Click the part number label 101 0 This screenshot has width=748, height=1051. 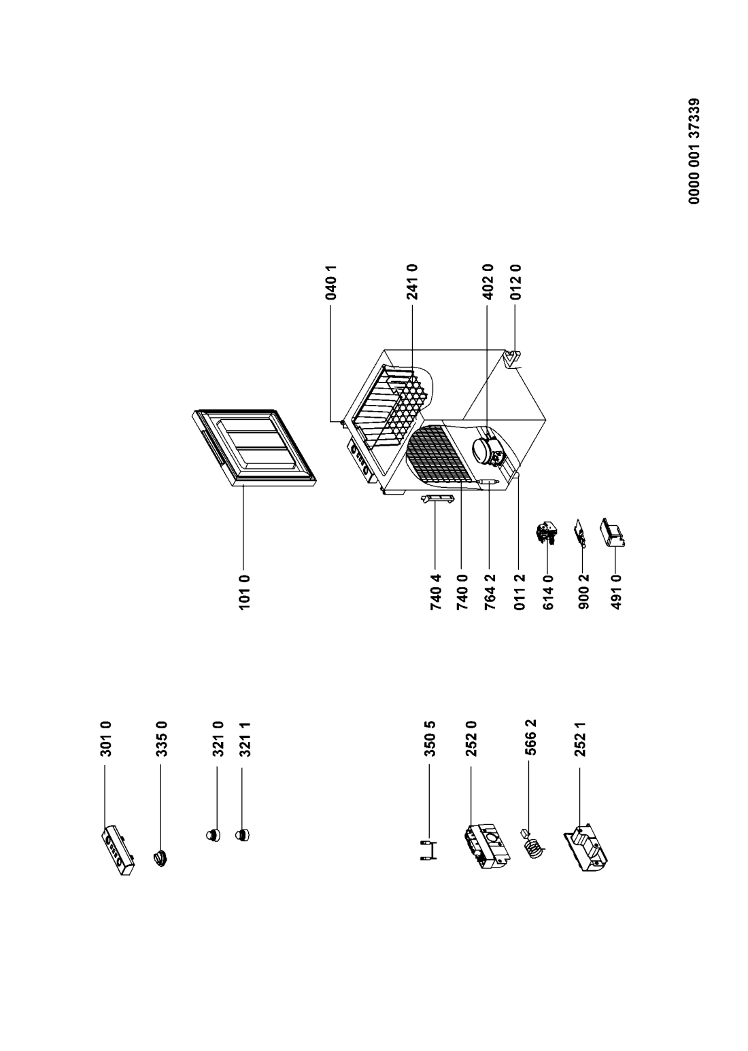[x=245, y=592]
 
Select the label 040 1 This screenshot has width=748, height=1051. [x=331, y=283]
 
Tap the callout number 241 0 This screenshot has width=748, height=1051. [x=412, y=283]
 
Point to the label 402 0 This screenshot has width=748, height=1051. [x=488, y=283]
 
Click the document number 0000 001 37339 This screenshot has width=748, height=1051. [x=694, y=151]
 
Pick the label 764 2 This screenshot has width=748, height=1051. [x=490, y=592]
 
